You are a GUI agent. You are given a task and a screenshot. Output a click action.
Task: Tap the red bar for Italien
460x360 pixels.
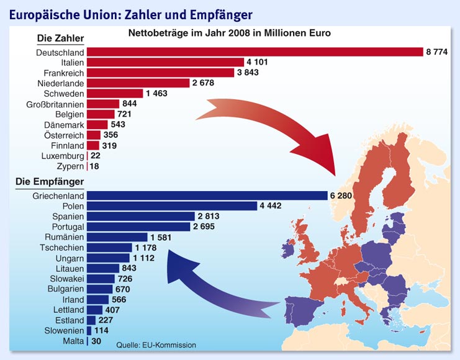click(x=165, y=62)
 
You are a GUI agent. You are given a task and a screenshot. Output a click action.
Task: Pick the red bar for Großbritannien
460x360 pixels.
click(x=103, y=104)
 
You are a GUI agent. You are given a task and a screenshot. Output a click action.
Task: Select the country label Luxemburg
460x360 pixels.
click(x=63, y=156)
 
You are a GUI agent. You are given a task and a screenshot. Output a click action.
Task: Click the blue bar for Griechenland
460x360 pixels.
click(x=207, y=196)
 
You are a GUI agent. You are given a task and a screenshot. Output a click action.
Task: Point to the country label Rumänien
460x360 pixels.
click(x=65, y=237)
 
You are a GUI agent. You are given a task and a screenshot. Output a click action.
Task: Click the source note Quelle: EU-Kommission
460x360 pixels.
click(x=156, y=345)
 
